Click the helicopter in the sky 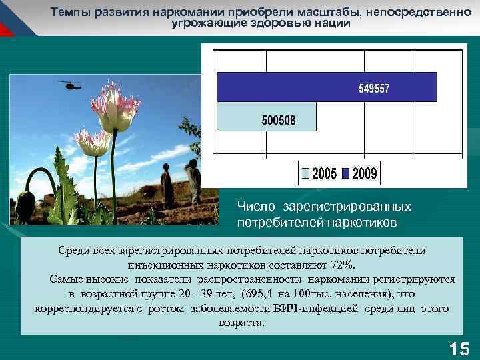pos(69,85)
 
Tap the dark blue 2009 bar pos(327,87)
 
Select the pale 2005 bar pos(256,120)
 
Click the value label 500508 pos(279,121)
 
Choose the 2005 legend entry pos(319,174)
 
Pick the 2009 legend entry pos(360,174)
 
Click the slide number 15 pos(459,348)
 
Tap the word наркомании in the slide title pos(169,12)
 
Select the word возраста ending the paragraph pos(240,323)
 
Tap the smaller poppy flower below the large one pos(92,141)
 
